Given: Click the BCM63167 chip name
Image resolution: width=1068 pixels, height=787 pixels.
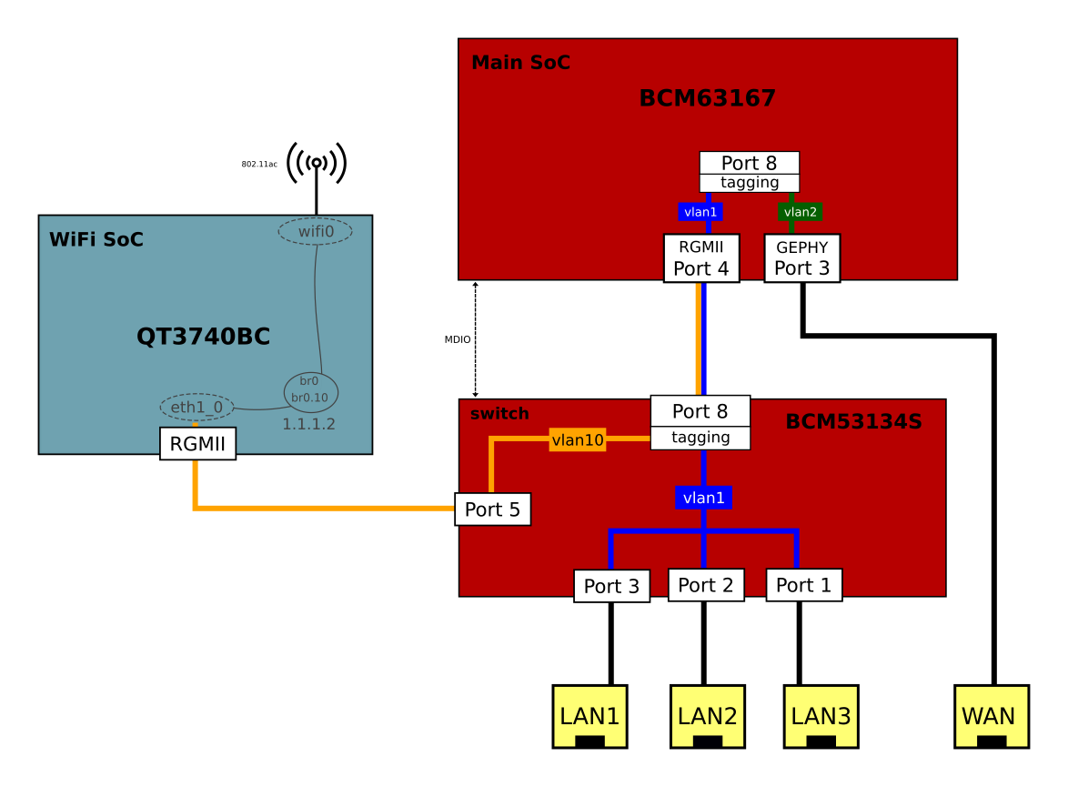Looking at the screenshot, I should pyautogui.click(x=707, y=98).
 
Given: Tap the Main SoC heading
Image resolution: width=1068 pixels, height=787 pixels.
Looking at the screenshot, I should pyautogui.click(x=520, y=63).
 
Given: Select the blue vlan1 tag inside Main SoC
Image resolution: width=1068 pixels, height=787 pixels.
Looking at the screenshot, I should pyautogui.click(x=700, y=212).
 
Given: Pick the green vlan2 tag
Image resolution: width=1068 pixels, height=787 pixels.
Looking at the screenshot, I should pyautogui.click(x=801, y=212).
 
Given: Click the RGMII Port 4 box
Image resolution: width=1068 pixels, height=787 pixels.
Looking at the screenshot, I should pyautogui.click(x=700, y=257).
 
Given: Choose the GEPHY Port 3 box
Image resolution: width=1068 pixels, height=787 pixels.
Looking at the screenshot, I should pyautogui.click(x=801, y=257).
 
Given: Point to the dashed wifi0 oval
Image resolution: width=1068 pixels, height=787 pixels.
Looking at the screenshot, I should pyautogui.click(x=316, y=231).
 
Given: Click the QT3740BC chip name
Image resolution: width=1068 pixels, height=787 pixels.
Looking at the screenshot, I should pyautogui.click(x=203, y=337).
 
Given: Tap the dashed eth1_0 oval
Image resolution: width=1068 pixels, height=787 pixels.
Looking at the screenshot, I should pyautogui.click(x=196, y=407).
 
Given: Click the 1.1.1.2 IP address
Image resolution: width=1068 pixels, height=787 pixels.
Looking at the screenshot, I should pyautogui.click(x=308, y=424).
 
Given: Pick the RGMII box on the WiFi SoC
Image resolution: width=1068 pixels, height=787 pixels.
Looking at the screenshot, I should pyautogui.click(x=197, y=444).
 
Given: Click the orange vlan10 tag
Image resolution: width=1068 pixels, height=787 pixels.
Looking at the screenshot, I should pyautogui.click(x=578, y=440).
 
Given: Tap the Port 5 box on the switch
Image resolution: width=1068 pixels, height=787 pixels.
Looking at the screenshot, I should pyautogui.click(x=492, y=510).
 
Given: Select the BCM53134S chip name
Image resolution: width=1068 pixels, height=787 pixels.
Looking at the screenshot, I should pyautogui.click(x=853, y=421).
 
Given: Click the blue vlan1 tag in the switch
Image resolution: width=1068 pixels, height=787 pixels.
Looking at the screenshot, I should pyautogui.click(x=703, y=498).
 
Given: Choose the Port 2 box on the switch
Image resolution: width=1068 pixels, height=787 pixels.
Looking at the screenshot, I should pyautogui.click(x=705, y=585).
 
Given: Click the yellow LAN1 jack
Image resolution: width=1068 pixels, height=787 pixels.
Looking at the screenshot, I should pyautogui.click(x=589, y=716).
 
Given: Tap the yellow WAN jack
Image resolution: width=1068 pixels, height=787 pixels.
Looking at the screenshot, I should pyautogui.click(x=991, y=716).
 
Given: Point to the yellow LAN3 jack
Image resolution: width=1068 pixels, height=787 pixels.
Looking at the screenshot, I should pyautogui.click(x=821, y=716).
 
